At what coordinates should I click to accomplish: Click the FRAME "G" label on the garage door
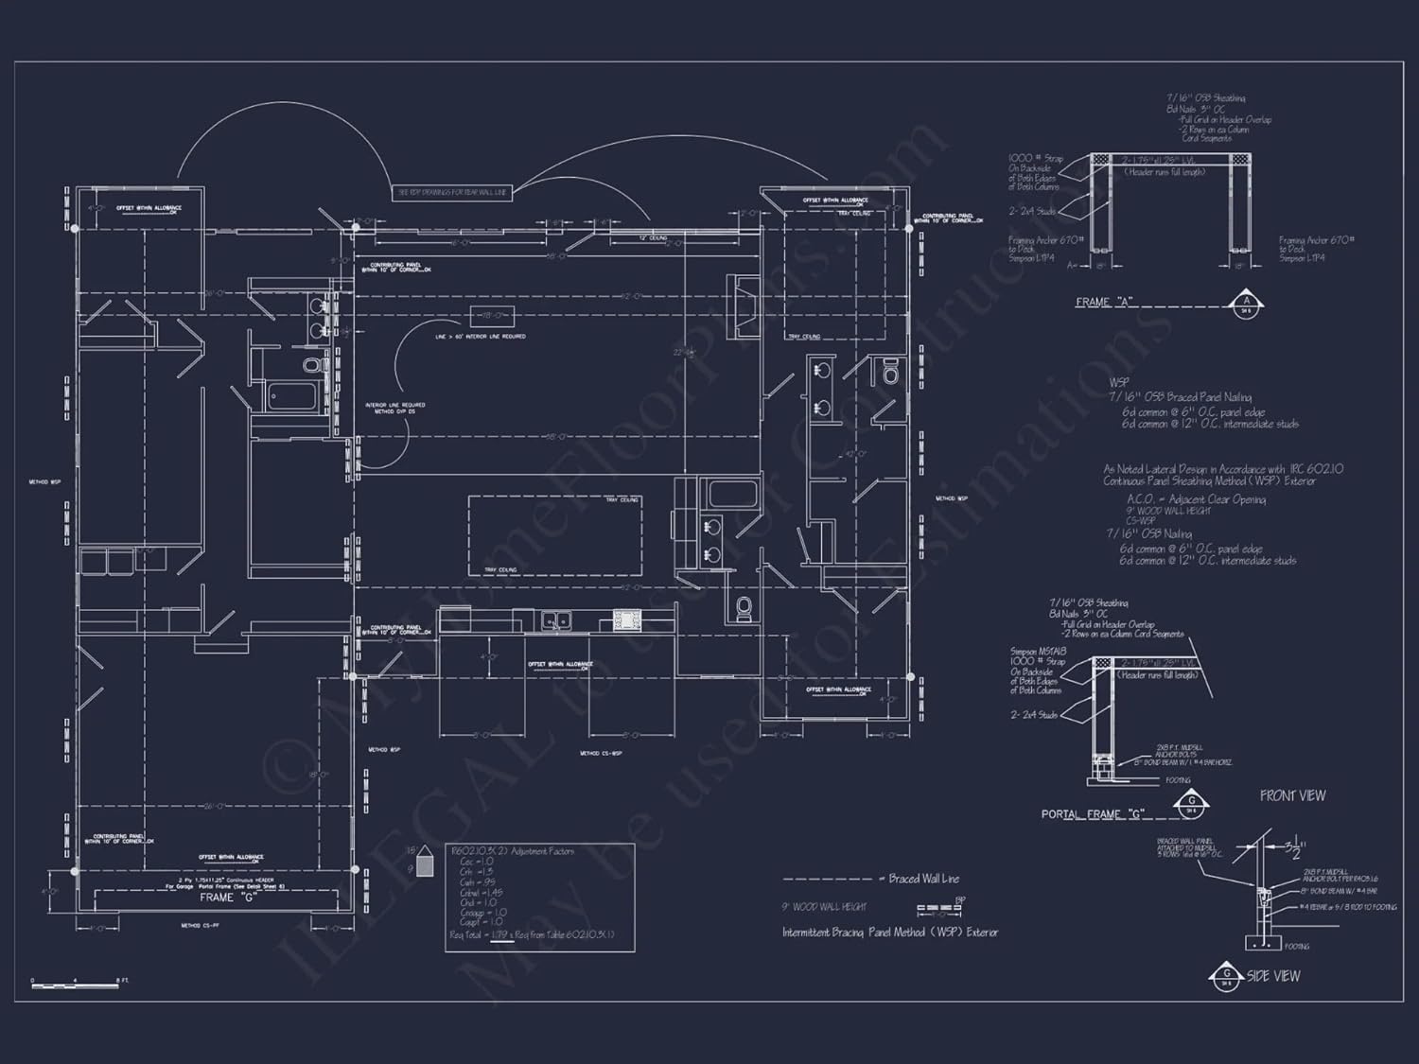point(228,898)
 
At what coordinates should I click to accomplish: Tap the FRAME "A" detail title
point(1104,303)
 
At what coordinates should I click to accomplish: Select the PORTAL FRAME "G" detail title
point(1093,814)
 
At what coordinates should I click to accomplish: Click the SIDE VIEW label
point(1273,976)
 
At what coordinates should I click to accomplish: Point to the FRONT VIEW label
point(1292,796)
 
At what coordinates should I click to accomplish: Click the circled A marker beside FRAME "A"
point(1246,303)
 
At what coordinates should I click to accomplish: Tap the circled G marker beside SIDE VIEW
point(1226,976)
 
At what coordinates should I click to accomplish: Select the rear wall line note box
point(452,193)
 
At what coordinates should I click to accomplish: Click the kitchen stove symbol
point(627,620)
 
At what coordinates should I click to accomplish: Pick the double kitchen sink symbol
point(555,620)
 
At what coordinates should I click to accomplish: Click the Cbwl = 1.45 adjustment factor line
point(482,893)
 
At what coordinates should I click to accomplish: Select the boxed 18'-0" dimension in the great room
point(493,315)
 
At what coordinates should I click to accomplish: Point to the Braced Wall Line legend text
point(923,879)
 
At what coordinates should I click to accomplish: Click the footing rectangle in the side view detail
point(1263,943)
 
